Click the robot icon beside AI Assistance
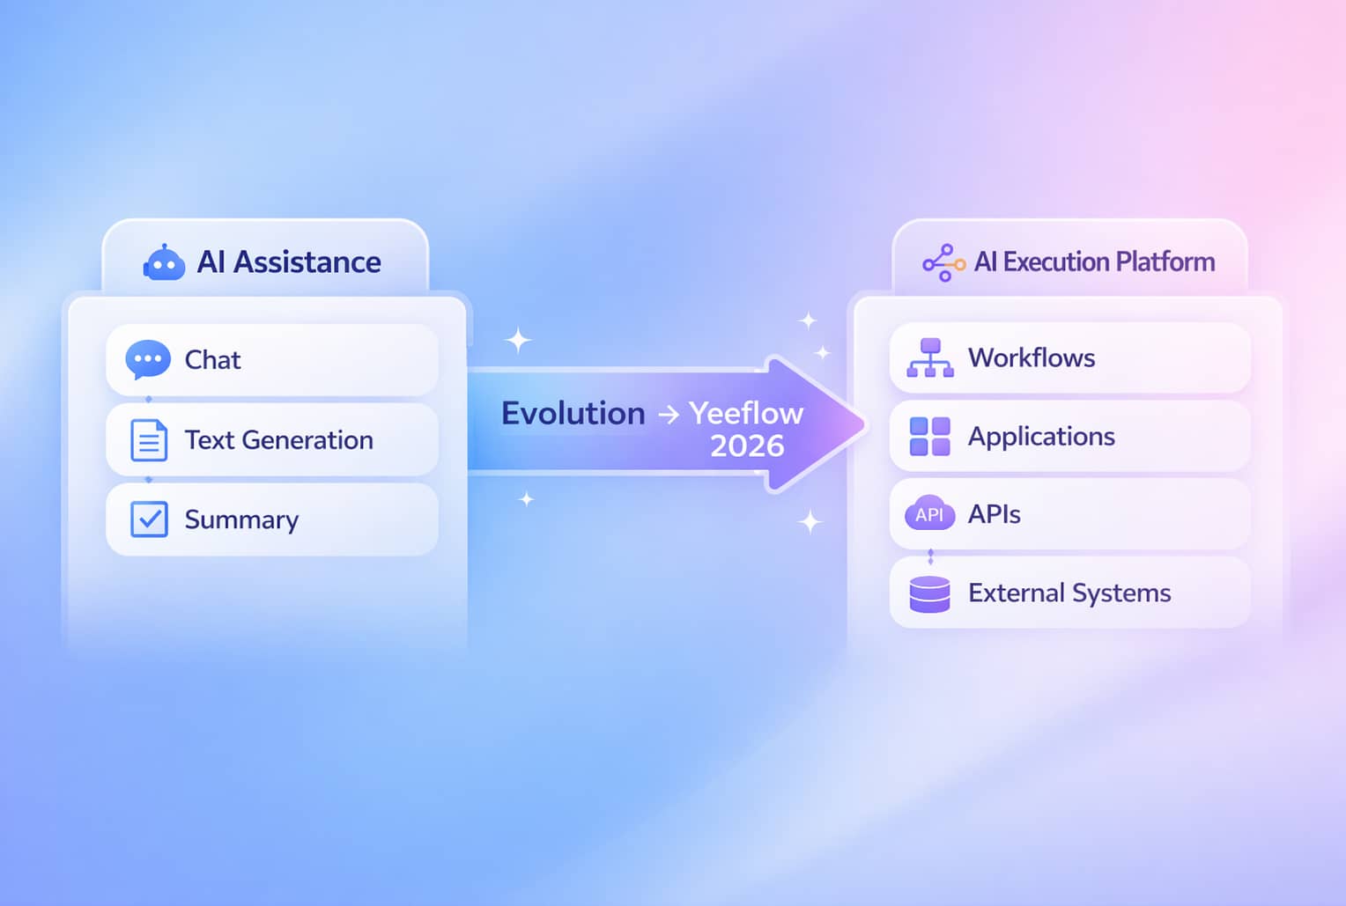[164, 262]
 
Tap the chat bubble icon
[148, 359]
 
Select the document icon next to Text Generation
[149, 440]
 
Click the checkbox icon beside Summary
[149, 519]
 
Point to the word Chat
[212, 360]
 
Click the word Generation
[307, 440]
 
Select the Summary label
[241, 520]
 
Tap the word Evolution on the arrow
[573, 413]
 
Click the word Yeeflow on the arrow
[746, 413]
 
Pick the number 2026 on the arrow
[747, 446]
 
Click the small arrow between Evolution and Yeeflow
[669, 414]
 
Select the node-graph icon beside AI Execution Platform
[943, 262]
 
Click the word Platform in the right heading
[1165, 261]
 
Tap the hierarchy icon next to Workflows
[930, 358]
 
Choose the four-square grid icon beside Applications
[929, 437]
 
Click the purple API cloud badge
[929, 514]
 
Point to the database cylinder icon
[929, 593]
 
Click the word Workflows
[1032, 357]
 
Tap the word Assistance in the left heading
[307, 262]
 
